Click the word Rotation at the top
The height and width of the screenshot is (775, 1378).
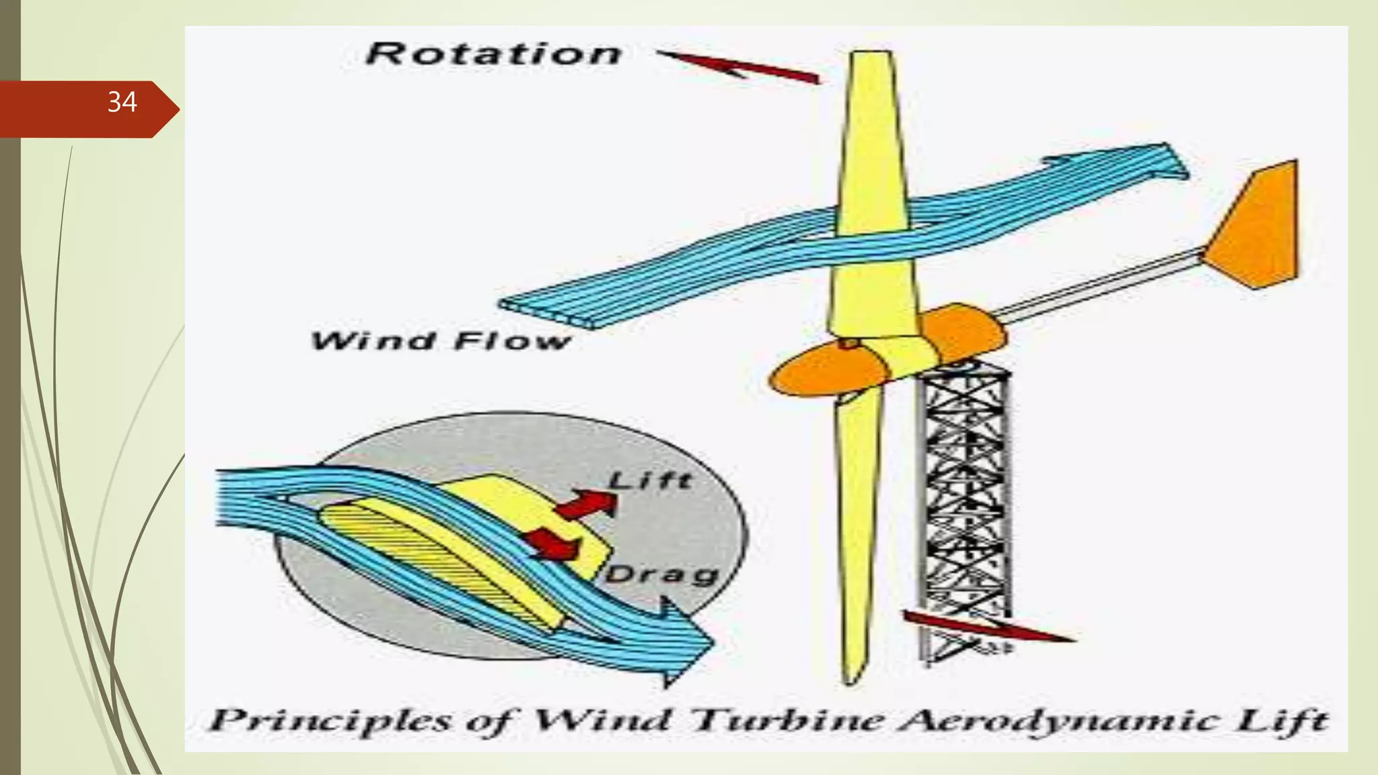493,54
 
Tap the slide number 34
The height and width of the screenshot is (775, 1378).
122,102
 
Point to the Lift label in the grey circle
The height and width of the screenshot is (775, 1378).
650,480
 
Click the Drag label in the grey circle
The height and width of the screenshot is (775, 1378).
662,575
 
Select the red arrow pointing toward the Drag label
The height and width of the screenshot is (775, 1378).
553,544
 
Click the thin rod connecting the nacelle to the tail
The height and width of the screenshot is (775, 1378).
1097,283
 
